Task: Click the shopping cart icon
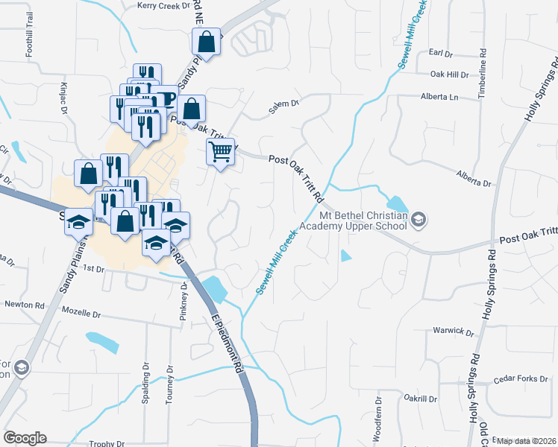[x=221, y=152]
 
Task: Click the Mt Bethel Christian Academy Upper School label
[x=354, y=220]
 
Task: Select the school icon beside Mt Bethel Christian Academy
[x=419, y=219]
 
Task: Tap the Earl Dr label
[x=442, y=54]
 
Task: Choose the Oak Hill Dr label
[x=450, y=74]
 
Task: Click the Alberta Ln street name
[x=439, y=97]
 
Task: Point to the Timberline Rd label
[x=483, y=72]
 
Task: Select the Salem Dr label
[x=283, y=108]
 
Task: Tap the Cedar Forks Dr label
[x=521, y=379]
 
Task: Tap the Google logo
[x=25, y=438]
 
